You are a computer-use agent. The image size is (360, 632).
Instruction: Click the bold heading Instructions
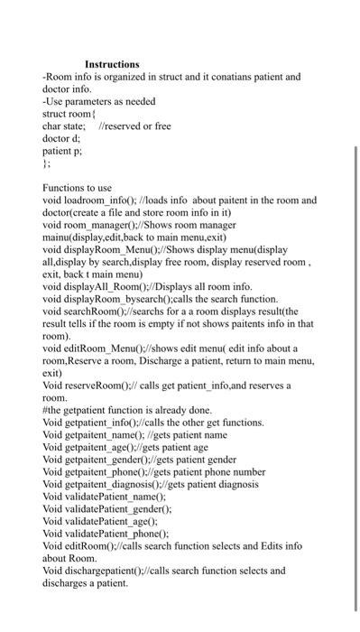click(x=112, y=64)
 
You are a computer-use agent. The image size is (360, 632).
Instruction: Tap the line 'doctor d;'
click(x=61, y=139)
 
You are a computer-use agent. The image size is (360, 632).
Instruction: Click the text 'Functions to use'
click(x=78, y=188)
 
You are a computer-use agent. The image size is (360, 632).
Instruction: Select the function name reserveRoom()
click(x=97, y=386)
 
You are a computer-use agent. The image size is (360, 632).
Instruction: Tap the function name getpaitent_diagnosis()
click(x=118, y=484)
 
